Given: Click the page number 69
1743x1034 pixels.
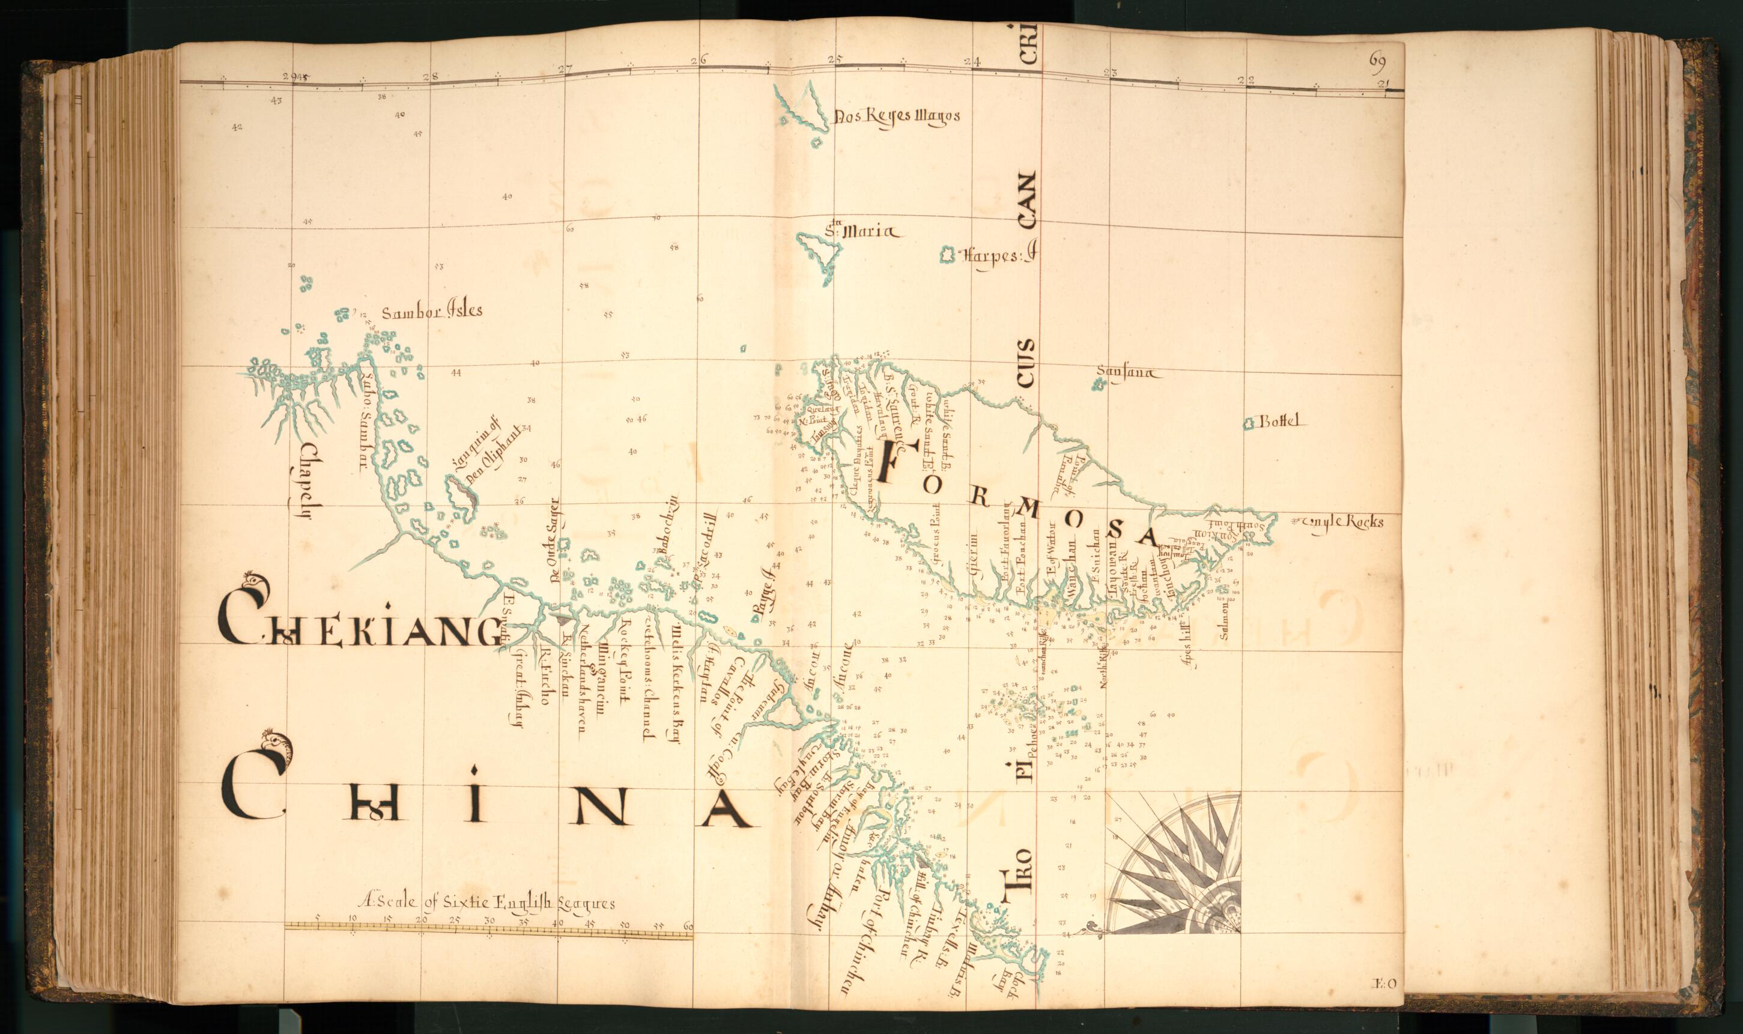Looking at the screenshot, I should pos(1377,60).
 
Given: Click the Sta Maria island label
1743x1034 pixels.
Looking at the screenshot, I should pos(864,232).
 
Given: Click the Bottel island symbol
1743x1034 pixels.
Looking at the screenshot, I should pos(1249,423).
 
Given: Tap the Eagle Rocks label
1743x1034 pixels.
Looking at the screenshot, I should pos(1342,522).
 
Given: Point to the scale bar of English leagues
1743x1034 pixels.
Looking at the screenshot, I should pos(488,927).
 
